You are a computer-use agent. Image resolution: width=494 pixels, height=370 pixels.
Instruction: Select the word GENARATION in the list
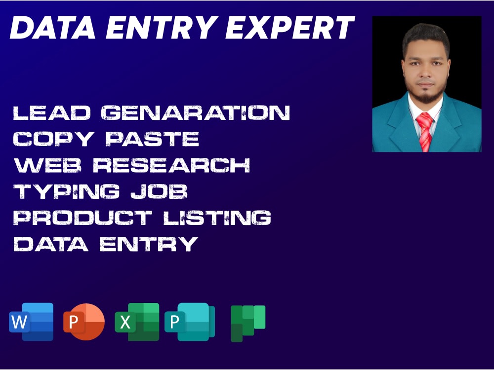click(196, 112)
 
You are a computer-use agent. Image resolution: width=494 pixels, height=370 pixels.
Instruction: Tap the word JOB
click(159, 191)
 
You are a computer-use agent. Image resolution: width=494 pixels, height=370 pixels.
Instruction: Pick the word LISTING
click(217, 218)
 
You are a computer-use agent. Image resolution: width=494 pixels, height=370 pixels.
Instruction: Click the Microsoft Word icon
click(31, 322)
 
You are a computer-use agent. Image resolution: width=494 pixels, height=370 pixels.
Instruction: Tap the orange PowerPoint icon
click(84, 322)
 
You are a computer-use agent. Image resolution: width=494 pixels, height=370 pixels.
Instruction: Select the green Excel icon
click(137, 322)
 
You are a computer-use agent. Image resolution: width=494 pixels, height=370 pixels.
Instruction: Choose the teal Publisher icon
click(190, 322)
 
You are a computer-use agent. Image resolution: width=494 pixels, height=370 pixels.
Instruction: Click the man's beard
click(426, 96)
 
